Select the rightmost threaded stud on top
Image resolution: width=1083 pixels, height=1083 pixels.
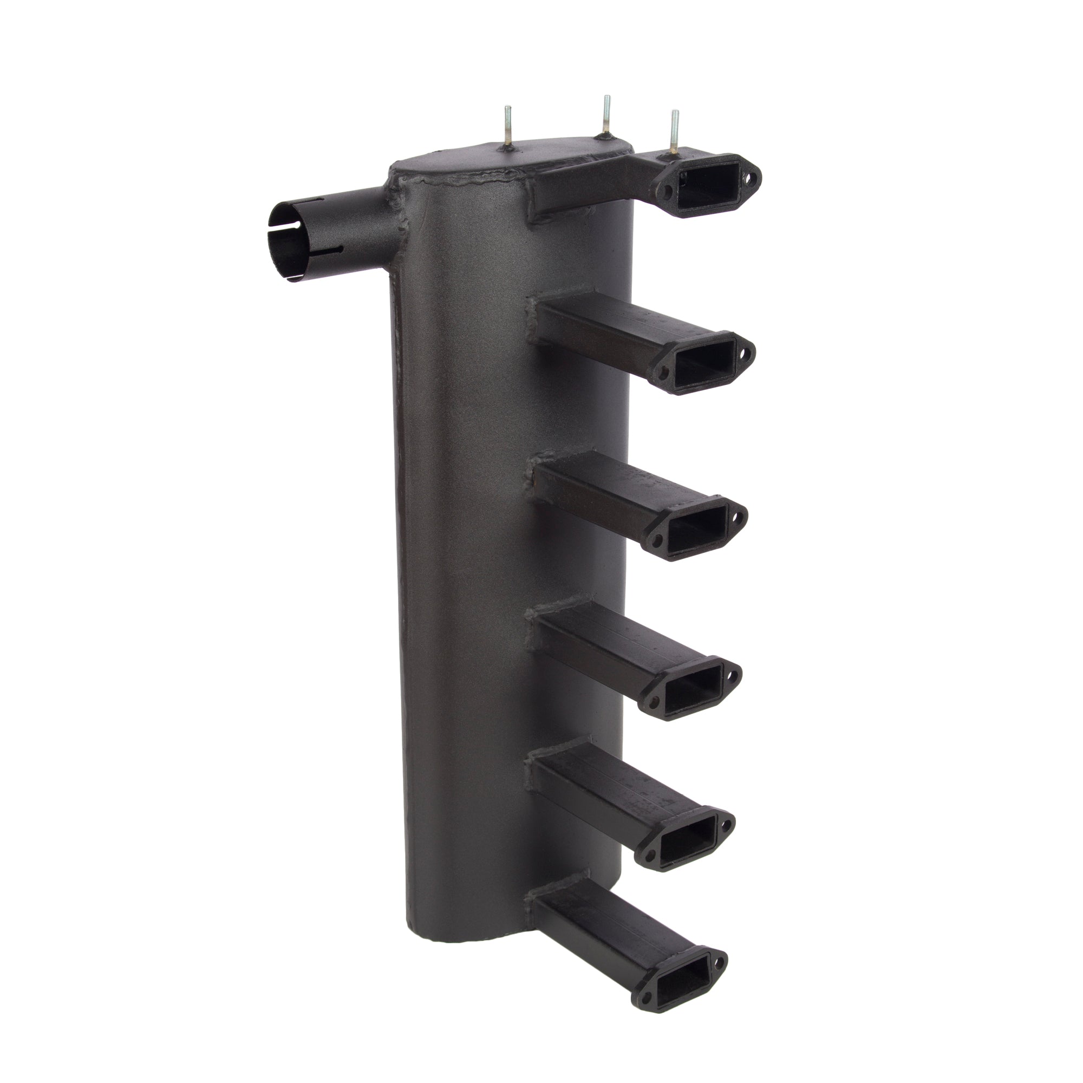[674, 131]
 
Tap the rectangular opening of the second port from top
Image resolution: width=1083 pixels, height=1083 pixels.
[704, 361]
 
